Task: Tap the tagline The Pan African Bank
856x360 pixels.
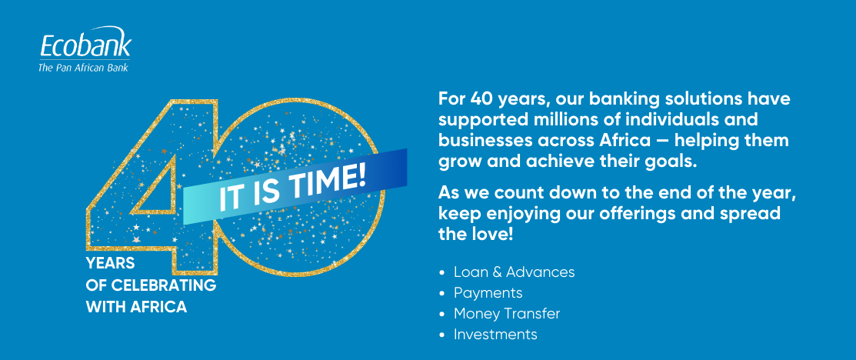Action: tap(83, 68)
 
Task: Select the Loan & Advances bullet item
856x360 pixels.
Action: tap(515, 272)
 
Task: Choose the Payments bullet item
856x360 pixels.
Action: tap(488, 293)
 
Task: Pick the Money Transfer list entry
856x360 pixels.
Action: tap(507, 314)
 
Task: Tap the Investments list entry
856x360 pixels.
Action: tap(496, 335)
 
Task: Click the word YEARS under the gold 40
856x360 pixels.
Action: tap(110, 263)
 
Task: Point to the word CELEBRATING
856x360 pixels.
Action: tap(164, 285)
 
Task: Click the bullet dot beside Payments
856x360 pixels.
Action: tap(443, 294)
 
